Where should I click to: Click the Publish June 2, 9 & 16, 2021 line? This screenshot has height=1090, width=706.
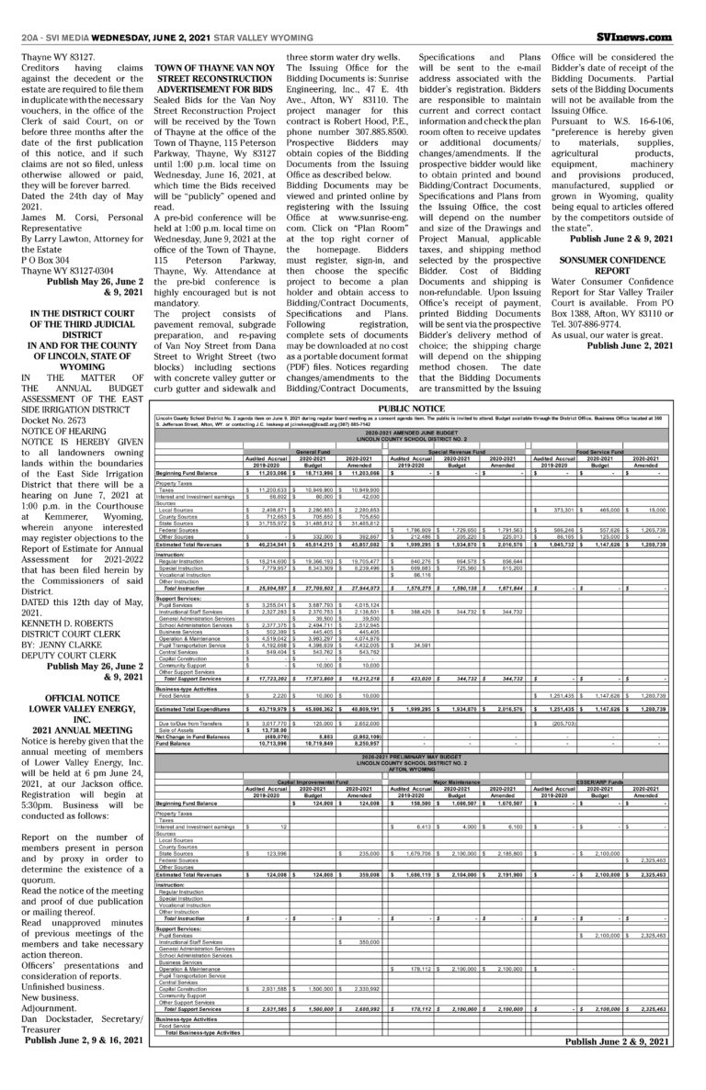[x=84, y=1041]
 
